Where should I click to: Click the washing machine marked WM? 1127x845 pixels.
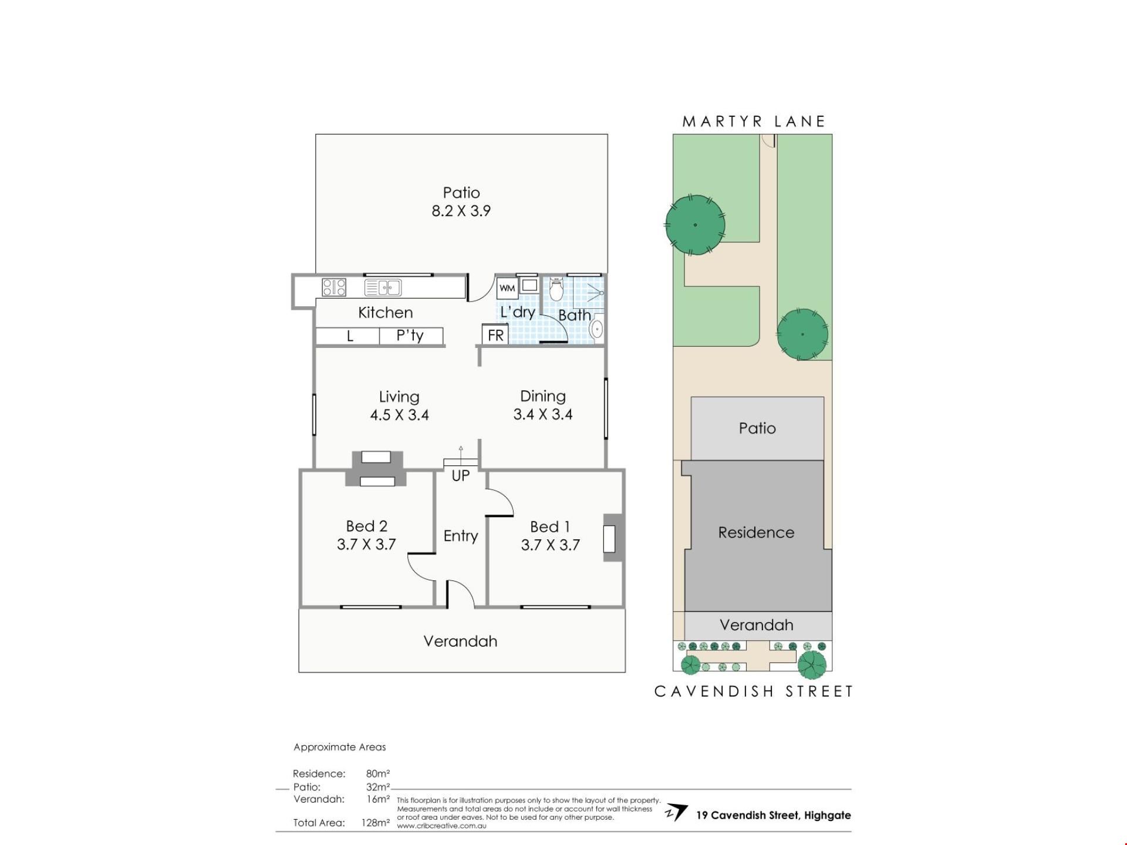[x=507, y=288]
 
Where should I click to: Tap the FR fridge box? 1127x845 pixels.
[x=495, y=334]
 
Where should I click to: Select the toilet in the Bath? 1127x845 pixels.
[x=556, y=289]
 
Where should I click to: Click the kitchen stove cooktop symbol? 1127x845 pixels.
[x=334, y=288]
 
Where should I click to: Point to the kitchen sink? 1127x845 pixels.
[x=383, y=288]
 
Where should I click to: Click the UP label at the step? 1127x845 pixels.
[x=461, y=475]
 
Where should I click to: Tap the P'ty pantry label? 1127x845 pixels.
[x=410, y=336]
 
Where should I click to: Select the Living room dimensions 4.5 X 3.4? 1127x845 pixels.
[x=399, y=415]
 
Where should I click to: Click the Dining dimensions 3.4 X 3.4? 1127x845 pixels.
[x=543, y=414]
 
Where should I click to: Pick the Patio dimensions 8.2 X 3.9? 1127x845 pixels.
[x=461, y=211]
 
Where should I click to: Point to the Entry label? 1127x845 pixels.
[x=461, y=536]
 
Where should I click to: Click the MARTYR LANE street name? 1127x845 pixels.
[x=754, y=121]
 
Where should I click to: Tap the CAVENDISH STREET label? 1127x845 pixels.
[x=754, y=691]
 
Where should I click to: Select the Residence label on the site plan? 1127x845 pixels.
[x=756, y=532]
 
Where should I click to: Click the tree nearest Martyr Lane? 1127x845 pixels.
[x=695, y=225]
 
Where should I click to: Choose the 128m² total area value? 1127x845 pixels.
[x=376, y=823]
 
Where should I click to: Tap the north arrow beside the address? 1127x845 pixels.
[x=676, y=813]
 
